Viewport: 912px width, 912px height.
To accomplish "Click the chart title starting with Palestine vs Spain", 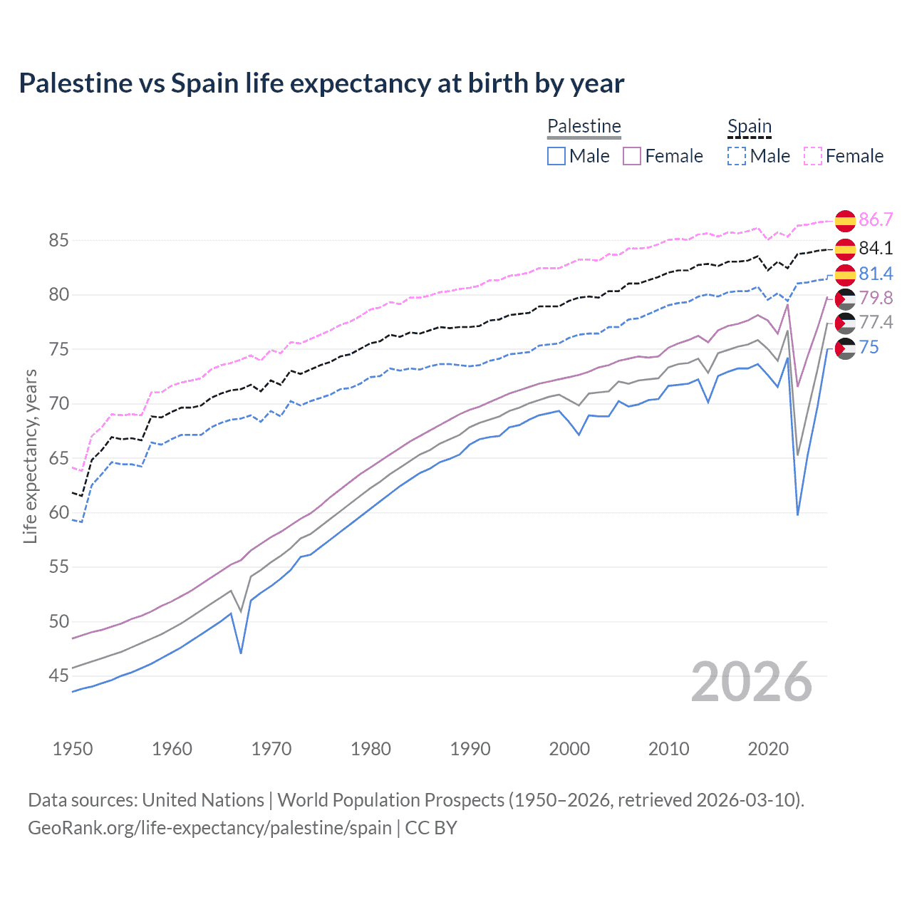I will pos(321,83).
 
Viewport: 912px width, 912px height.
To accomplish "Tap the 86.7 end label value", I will pos(876,219).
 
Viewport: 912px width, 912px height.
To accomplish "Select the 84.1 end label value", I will pos(876,248).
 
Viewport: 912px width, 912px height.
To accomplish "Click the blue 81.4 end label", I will pos(876,274).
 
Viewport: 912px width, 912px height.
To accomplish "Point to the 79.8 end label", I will pos(876,298).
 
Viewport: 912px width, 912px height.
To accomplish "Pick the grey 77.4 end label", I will pos(876,322).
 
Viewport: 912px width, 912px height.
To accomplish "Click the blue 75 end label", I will pos(869,347).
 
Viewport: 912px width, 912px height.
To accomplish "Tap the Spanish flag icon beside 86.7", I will pos(845,221).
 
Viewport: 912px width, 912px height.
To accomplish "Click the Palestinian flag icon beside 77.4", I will pos(845,323).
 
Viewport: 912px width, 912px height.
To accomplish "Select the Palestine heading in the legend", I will pos(584,126).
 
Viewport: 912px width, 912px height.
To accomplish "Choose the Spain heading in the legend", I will pos(750,126).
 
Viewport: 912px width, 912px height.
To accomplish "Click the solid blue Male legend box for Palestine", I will pos(556,156).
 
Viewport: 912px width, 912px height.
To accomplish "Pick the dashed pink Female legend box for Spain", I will pos(813,156).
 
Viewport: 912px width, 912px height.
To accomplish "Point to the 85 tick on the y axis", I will pos(59,241).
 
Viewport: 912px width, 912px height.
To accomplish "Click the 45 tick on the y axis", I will pos(59,676).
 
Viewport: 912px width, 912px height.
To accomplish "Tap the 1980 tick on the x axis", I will pos(371,749).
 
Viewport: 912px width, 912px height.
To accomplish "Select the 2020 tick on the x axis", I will pos(768,749).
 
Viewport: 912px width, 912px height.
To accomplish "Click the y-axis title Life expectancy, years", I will pos(30,457).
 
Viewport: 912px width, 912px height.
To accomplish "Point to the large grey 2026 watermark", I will pos(752,682).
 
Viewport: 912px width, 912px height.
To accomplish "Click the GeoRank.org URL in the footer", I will pos(209,828).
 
